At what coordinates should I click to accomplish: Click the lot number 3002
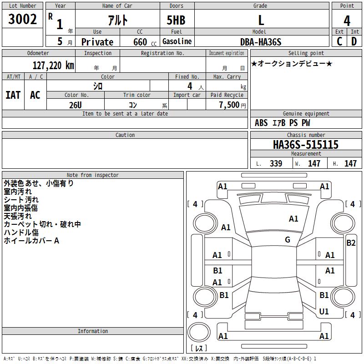click(x=22, y=19)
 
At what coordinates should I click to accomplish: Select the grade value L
click(x=261, y=20)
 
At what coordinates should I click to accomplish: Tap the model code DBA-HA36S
click(x=261, y=42)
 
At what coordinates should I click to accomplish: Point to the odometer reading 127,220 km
click(x=53, y=66)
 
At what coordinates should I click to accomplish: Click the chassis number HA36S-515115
click(x=306, y=145)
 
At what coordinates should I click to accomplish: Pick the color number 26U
click(x=76, y=105)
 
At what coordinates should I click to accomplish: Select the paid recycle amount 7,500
click(x=229, y=105)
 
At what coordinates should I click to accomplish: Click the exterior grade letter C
click(x=339, y=41)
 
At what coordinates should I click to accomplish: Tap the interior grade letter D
click(x=354, y=41)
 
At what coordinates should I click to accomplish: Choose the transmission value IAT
click(x=13, y=95)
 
